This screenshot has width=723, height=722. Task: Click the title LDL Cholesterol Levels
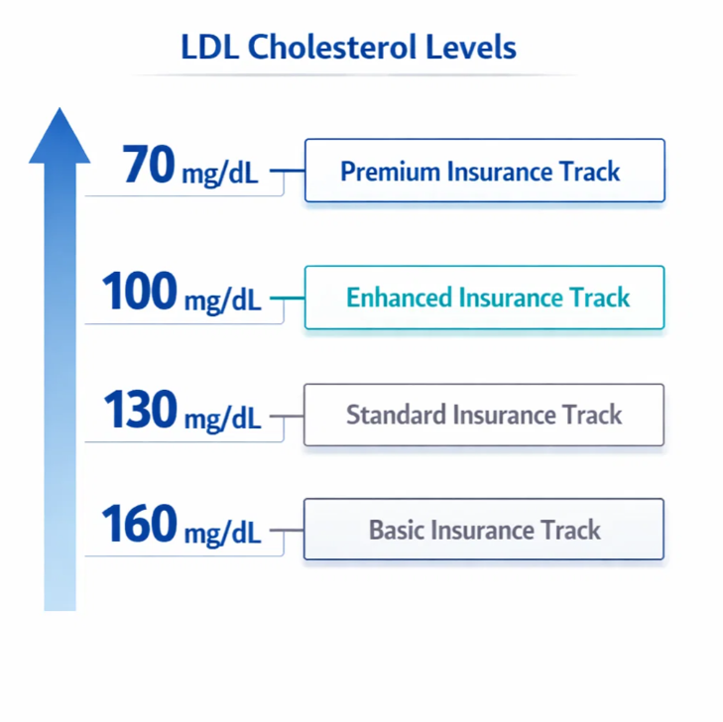(x=348, y=47)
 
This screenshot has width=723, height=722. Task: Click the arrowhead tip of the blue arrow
(x=60, y=111)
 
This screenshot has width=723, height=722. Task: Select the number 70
(x=149, y=166)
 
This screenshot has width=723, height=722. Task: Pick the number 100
(x=140, y=293)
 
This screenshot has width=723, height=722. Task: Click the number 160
(x=140, y=525)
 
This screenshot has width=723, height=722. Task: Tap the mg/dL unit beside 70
(x=219, y=175)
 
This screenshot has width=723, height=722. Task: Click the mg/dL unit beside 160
(x=222, y=534)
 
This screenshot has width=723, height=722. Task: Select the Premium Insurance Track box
(x=484, y=171)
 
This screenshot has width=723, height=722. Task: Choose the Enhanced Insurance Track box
(x=484, y=298)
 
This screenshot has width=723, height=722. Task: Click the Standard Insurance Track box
(x=484, y=415)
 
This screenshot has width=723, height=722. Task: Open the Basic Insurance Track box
(x=484, y=530)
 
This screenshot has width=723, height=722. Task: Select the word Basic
(x=396, y=530)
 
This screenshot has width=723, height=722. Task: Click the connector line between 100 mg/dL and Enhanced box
(x=287, y=298)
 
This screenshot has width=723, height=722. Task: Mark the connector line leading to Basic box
(x=287, y=531)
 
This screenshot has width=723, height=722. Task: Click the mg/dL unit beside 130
(x=222, y=418)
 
